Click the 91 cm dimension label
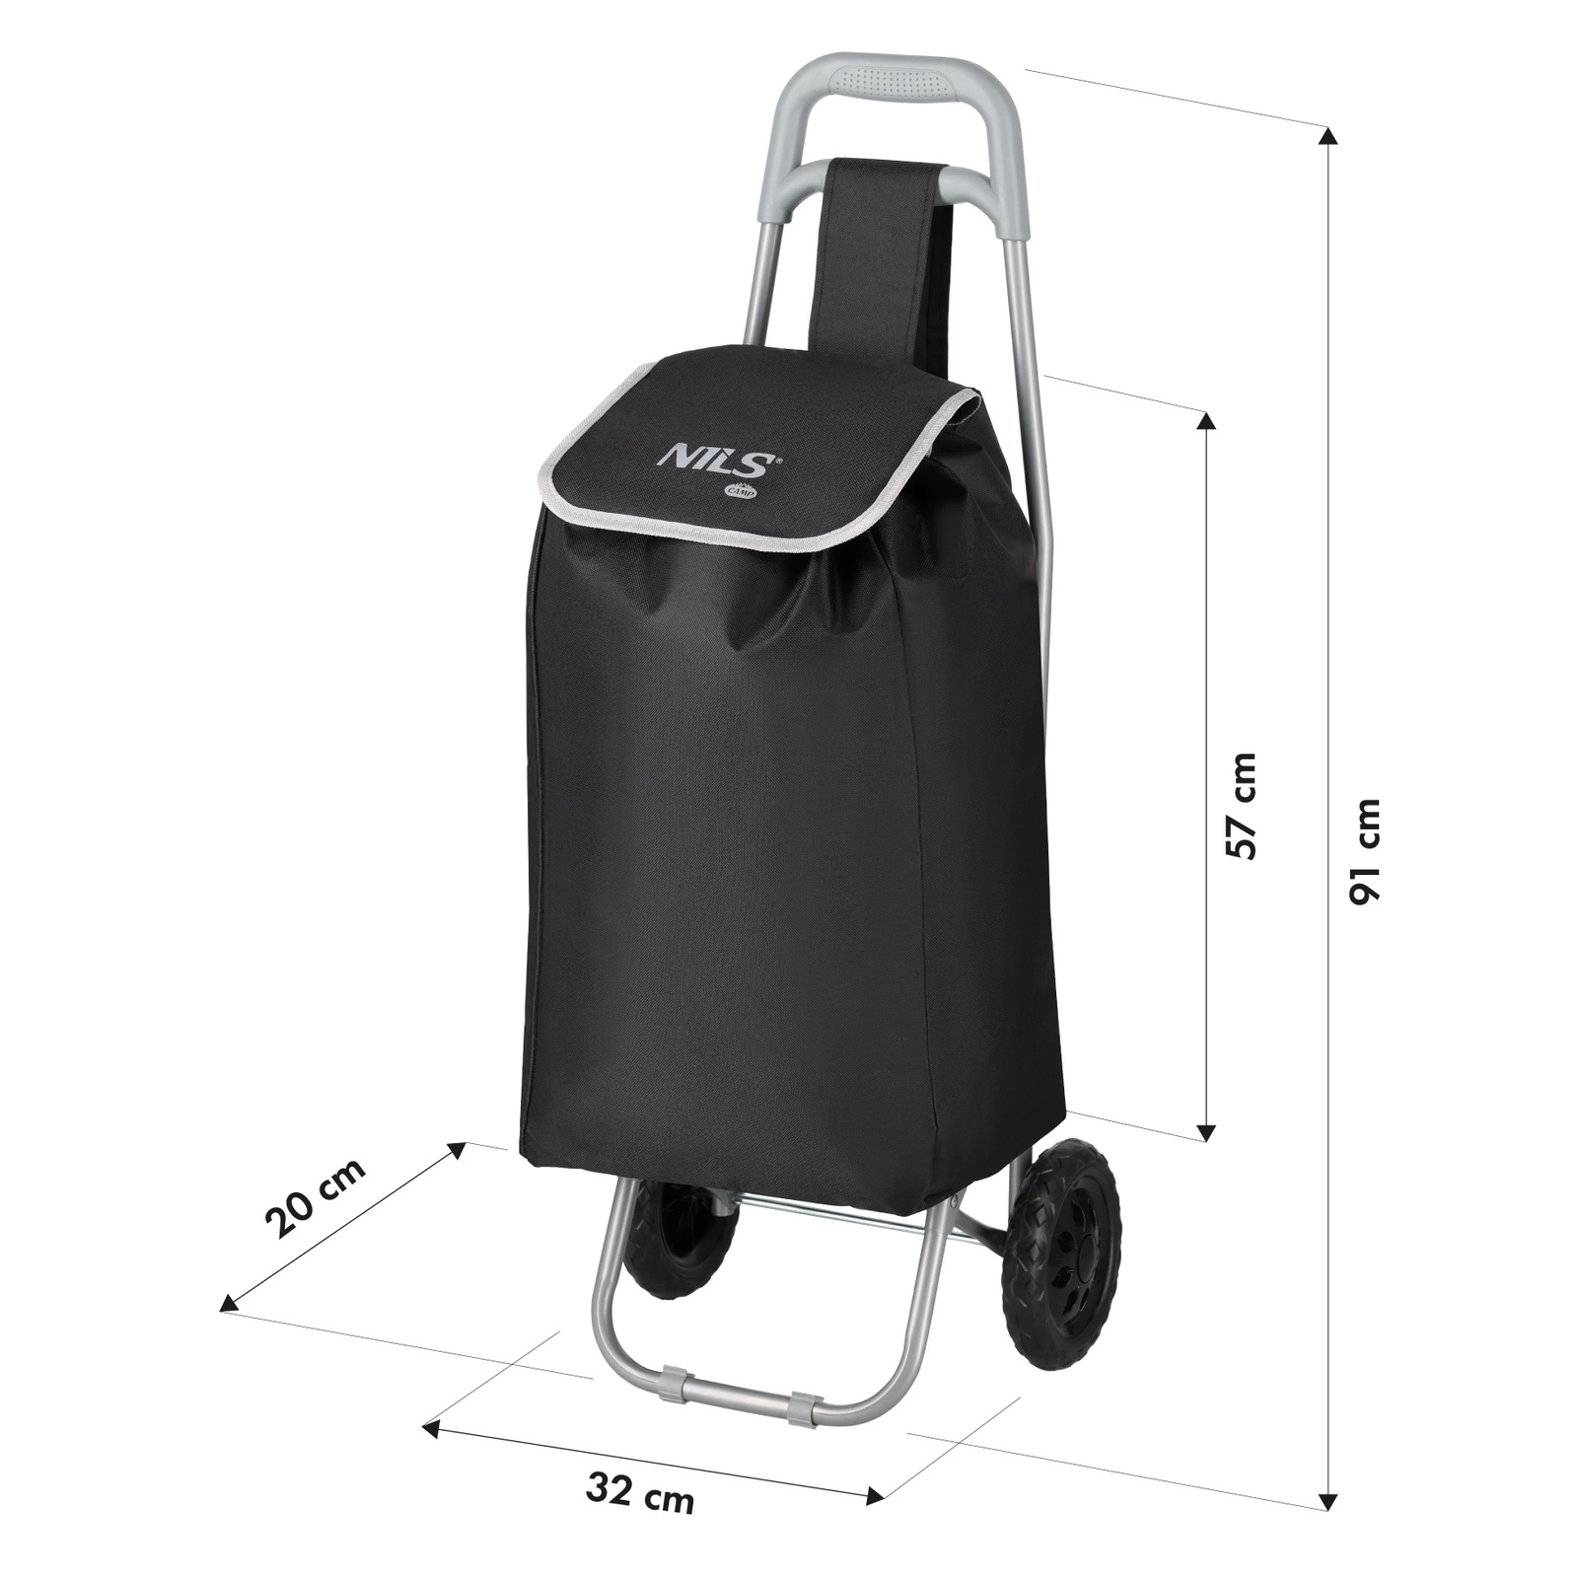pos(1367,851)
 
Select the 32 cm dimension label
pos(640,1492)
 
